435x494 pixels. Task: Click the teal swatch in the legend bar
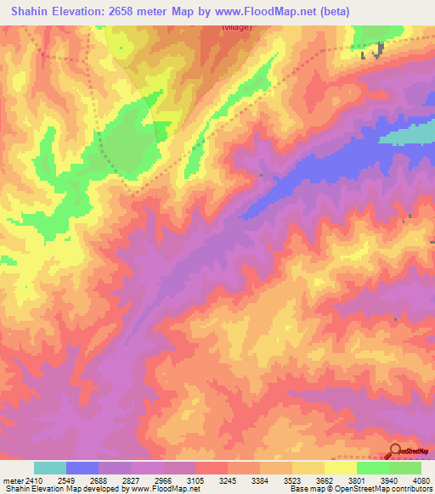pos(50,468)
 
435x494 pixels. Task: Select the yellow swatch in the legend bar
pos(341,468)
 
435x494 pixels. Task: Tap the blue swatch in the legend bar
pos(82,468)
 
